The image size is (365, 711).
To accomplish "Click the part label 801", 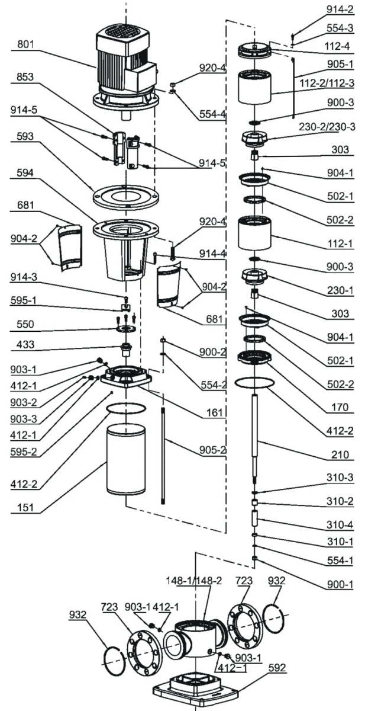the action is [25, 44].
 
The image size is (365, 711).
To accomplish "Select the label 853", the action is [25, 77].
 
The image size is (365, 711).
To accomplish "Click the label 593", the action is [25, 136].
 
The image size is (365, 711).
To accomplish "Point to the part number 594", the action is [25, 172].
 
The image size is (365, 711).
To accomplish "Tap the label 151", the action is [25, 508].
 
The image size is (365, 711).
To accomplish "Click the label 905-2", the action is [212, 450].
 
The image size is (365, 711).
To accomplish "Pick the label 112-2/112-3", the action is [327, 83].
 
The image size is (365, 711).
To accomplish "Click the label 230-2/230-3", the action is [327, 127].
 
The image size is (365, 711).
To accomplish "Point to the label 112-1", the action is [340, 244].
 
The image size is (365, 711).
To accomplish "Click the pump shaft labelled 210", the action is [254, 438].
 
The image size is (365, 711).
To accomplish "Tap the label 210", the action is [340, 454].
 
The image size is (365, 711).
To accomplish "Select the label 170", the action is [340, 407].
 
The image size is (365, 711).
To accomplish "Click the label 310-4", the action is [340, 525].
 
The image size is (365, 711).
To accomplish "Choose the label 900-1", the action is [340, 584].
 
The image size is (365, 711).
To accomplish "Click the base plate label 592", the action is [277, 668].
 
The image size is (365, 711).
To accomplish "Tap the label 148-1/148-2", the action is [194, 581].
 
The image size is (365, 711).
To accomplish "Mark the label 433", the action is [25, 344].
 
